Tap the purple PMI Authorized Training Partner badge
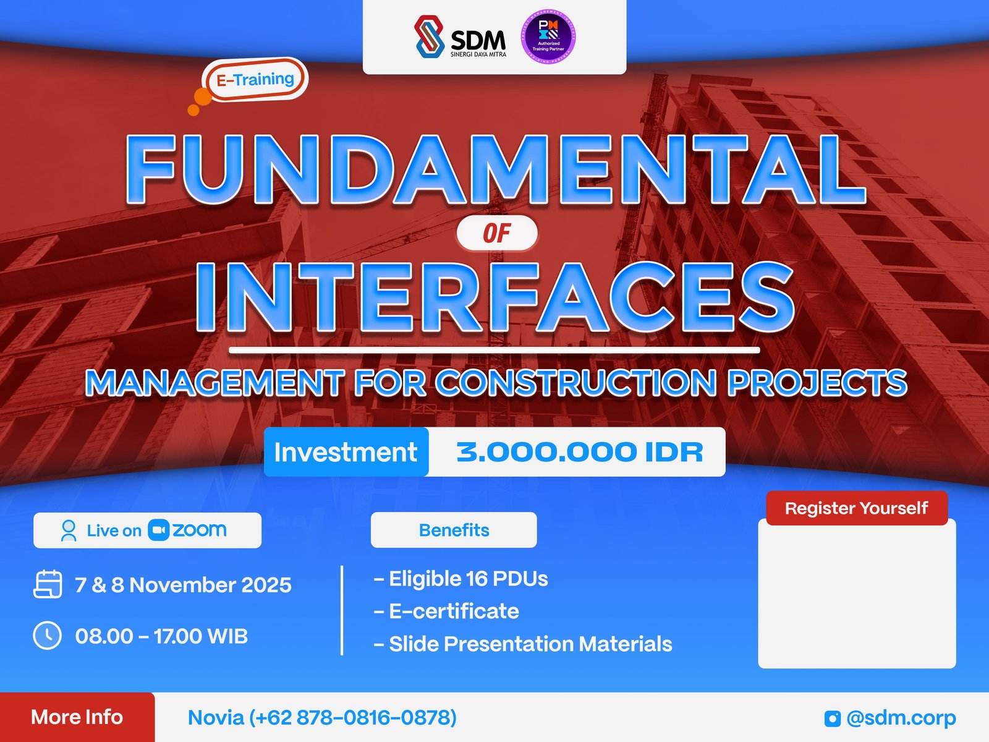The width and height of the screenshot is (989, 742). (x=548, y=36)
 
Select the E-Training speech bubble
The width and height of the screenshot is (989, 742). (x=255, y=80)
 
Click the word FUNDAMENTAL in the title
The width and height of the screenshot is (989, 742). (x=494, y=169)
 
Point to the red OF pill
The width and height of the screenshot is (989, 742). (x=497, y=234)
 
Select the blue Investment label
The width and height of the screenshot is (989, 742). (x=346, y=452)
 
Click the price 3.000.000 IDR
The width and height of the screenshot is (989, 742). (x=579, y=452)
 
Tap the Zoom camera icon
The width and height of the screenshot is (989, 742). (x=159, y=530)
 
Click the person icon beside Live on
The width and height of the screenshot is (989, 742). (x=69, y=531)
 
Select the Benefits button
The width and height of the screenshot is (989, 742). (x=454, y=530)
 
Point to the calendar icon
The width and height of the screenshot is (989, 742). (x=48, y=584)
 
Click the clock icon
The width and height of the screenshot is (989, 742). (x=47, y=636)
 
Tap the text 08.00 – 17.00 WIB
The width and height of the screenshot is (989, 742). (x=161, y=636)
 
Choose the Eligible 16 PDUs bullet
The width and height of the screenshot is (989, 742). (x=461, y=579)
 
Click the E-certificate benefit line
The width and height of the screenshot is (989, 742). (x=447, y=612)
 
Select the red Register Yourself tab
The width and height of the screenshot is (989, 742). (x=856, y=508)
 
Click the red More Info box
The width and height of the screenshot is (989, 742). (x=77, y=717)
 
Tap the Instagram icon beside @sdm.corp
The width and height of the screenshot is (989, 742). (x=832, y=719)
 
